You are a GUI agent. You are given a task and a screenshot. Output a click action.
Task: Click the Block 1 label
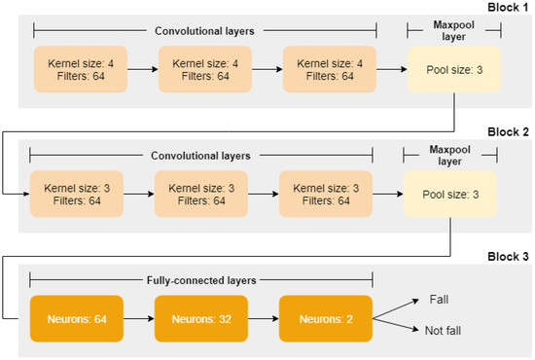507,7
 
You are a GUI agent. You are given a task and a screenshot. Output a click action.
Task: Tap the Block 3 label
507,257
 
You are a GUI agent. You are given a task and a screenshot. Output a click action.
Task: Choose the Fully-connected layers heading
201,278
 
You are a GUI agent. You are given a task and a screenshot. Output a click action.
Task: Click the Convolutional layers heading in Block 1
201,29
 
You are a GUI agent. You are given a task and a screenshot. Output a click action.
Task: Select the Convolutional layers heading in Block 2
201,154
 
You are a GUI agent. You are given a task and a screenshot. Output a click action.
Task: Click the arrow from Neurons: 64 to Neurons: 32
138,317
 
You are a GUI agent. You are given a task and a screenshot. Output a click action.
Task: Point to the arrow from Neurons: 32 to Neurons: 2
263,317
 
